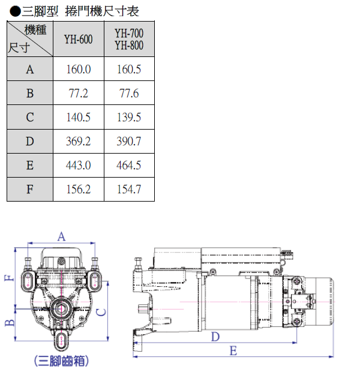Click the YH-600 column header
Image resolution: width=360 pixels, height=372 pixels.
pyautogui.click(x=78, y=39)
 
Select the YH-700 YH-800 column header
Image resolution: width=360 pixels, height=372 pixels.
pyautogui.click(x=129, y=39)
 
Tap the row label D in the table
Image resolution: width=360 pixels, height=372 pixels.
pyautogui.click(x=30, y=142)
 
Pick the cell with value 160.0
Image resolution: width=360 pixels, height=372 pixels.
pyautogui.click(x=78, y=70)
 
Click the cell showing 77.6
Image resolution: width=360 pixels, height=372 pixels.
pyautogui.click(x=129, y=94)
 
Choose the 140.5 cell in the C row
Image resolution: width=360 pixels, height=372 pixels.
pyautogui.click(x=78, y=118)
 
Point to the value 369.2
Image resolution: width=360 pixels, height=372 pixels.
pyautogui.click(x=78, y=142)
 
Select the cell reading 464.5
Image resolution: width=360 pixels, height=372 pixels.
pyautogui.click(x=129, y=166)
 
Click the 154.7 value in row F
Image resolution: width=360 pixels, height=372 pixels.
pyautogui.click(x=129, y=190)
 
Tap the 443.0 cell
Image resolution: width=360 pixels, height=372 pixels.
pyautogui.click(x=78, y=166)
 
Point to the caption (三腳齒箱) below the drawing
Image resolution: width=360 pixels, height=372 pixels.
pyautogui.click(x=62, y=361)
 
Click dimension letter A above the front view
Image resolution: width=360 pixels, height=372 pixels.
pyautogui.click(x=61, y=237)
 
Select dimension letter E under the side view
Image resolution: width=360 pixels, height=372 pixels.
pyautogui.click(x=233, y=350)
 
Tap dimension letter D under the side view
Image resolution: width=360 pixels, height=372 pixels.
pyautogui.click(x=215, y=337)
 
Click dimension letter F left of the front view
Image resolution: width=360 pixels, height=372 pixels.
pyautogui.click(x=8, y=278)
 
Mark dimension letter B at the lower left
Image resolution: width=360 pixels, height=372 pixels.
pyautogui.click(x=8, y=323)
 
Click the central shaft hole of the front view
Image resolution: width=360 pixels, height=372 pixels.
pyautogui.click(x=61, y=309)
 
